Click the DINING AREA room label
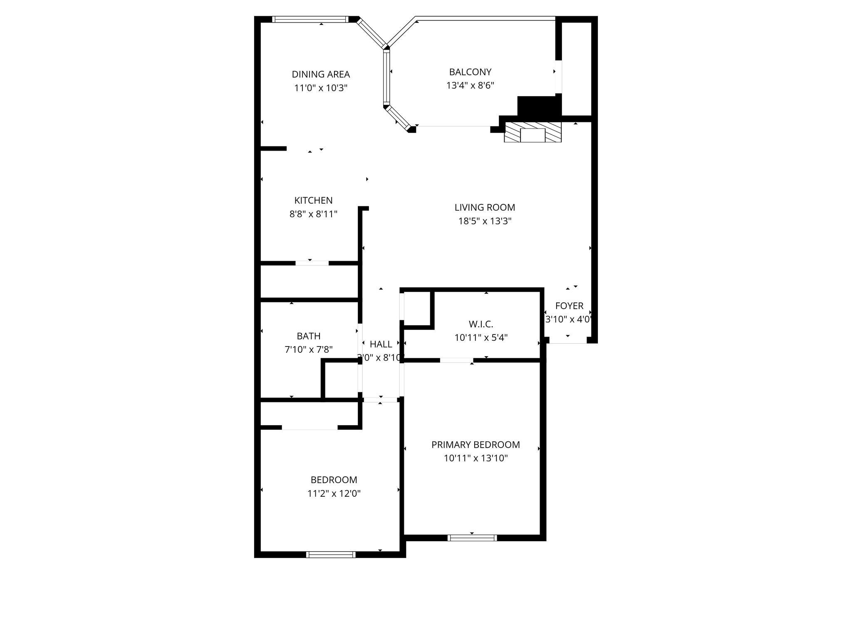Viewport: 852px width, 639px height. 321,74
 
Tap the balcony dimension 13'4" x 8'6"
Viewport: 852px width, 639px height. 470,86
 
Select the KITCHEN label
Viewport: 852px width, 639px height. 313,201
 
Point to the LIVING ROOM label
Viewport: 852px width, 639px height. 485,208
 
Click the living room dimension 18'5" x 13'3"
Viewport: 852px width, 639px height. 485,221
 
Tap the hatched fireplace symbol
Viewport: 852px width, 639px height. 532,132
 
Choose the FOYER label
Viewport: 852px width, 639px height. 569,306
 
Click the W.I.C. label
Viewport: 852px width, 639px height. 481,324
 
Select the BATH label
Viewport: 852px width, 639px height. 309,336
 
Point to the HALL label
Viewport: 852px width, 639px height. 381,344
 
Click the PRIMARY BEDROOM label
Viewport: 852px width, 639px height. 476,445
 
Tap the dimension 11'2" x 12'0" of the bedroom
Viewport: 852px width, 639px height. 334,494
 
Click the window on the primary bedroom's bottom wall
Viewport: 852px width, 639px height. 472,538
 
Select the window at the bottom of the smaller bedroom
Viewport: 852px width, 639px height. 331,555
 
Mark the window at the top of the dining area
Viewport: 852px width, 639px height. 310,19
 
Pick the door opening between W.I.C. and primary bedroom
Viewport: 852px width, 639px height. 456,360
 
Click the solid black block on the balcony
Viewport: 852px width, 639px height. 539,106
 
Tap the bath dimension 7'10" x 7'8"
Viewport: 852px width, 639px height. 309,350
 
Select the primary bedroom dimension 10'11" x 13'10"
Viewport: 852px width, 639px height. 476,458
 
